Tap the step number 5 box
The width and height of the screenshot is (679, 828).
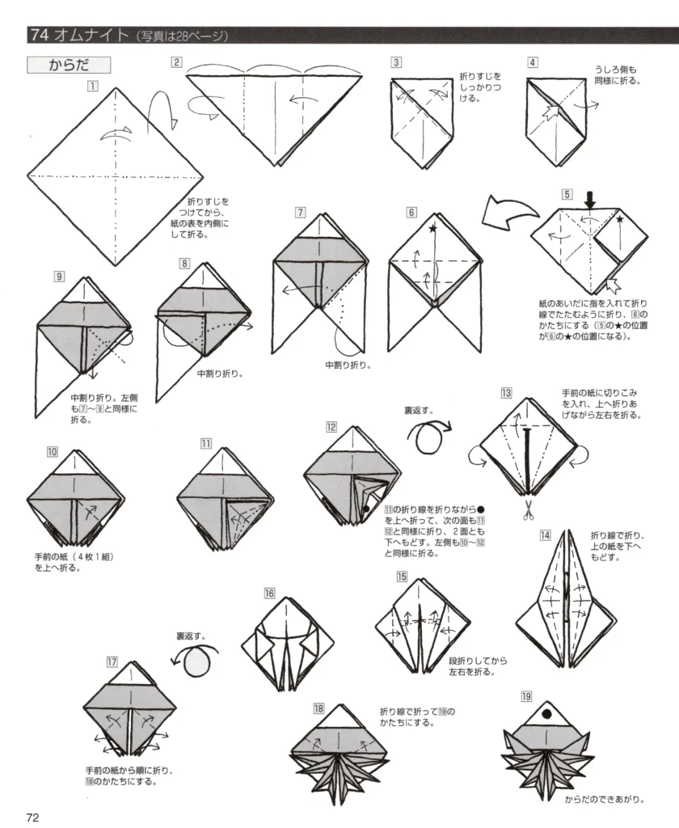coord(567,194)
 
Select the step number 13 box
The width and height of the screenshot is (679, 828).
coord(506,393)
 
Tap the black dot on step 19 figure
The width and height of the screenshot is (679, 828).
coord(546,714)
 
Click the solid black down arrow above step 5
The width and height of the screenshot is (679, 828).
coord(590,199)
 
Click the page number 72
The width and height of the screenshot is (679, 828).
coord(32,816)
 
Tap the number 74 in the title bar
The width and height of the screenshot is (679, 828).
coord(38,35)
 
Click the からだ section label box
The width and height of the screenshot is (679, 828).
coord(68,65)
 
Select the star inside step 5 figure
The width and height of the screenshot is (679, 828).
coord(619,219)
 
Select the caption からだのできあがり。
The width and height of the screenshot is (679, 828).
coord(604,800)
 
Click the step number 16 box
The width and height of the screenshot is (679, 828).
coord(270,594)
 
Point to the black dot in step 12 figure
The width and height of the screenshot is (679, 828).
coord(366,508)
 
